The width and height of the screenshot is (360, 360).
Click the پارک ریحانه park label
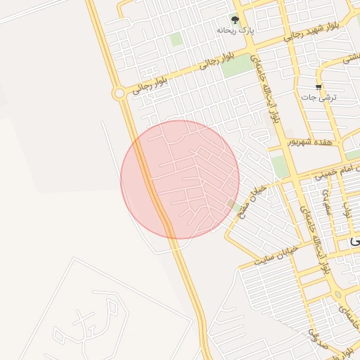235,31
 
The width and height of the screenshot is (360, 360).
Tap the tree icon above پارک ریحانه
235,20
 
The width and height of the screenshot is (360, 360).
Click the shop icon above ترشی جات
319,87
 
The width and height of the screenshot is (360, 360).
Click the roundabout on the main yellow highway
119,93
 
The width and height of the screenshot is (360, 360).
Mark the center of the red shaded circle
180,179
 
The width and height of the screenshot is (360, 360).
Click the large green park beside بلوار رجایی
237,65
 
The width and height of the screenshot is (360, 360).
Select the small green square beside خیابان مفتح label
231,204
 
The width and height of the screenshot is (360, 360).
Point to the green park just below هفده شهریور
280,166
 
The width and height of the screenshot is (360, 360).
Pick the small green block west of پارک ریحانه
176,39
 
